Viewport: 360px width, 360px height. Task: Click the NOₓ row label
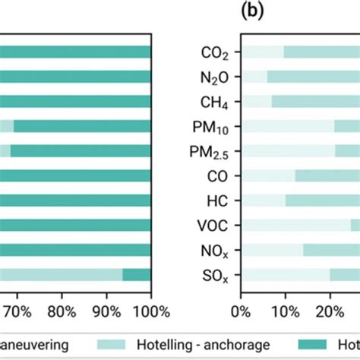(x=213, y=250)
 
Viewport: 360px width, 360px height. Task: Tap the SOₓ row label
(x=213, y=275)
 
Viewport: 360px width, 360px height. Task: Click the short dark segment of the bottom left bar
(x=136, y=275)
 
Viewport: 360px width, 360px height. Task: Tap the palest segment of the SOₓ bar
(x=285, y=275)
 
